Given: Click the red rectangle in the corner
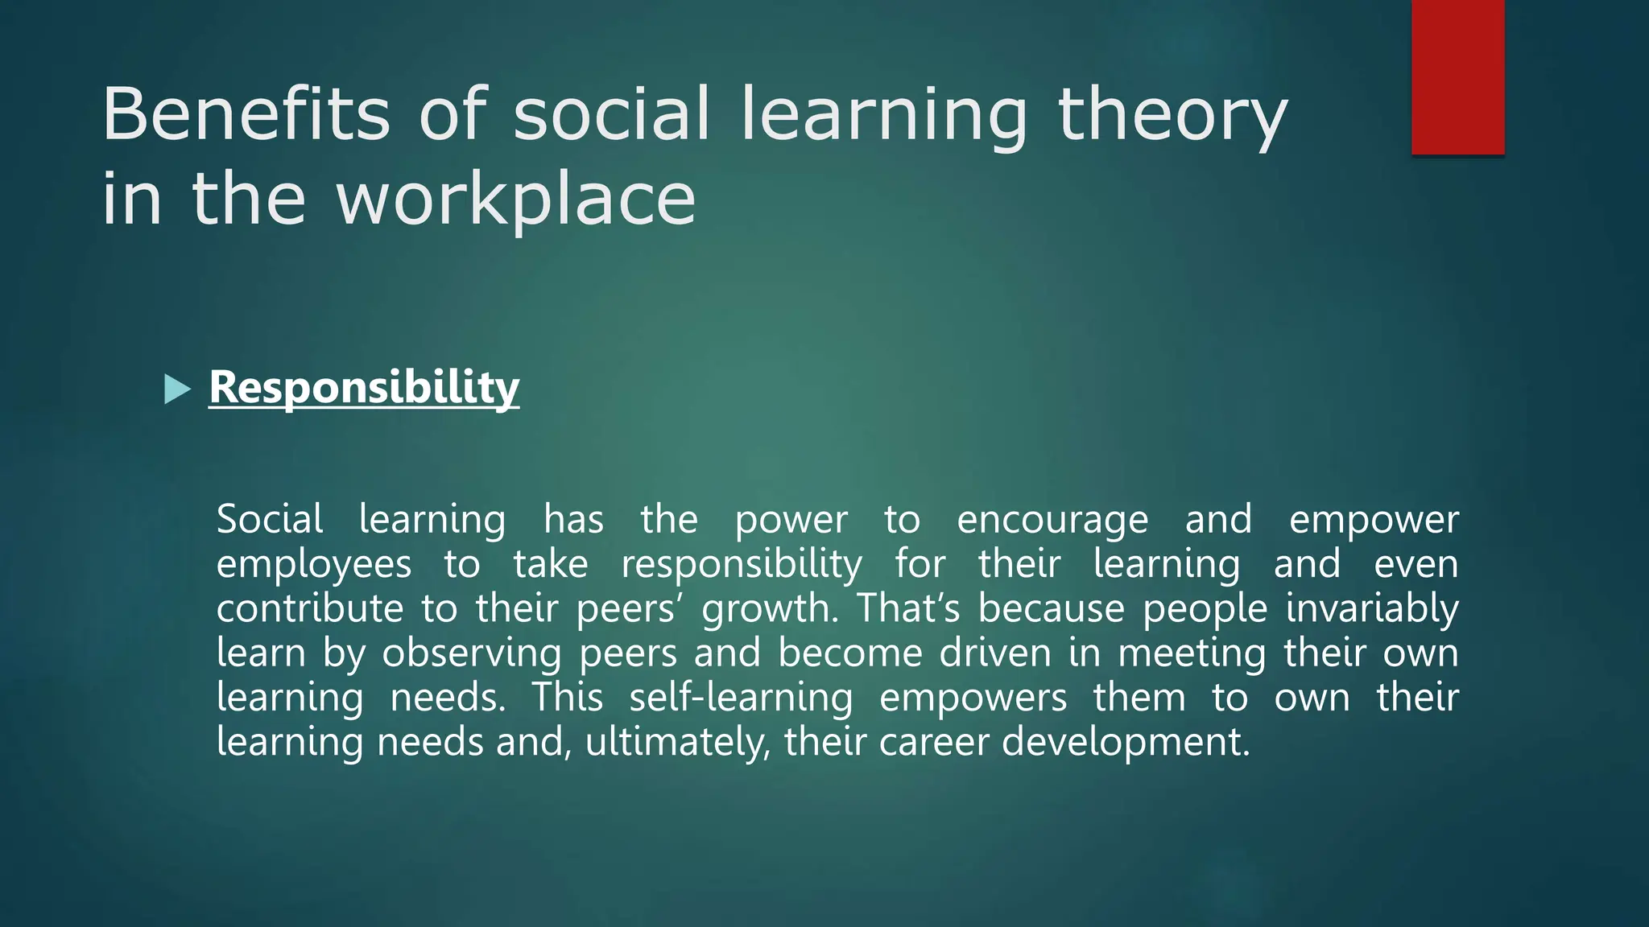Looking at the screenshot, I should (1457, 76).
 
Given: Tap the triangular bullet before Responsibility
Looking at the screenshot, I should (176, 389).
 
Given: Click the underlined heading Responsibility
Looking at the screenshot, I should (364, 388).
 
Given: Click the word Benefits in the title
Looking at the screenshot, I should (246, 114).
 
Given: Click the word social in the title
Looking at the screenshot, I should (612, 114).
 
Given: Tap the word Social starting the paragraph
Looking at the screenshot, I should (270, 519).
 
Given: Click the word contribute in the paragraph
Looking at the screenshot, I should (310, 608).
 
